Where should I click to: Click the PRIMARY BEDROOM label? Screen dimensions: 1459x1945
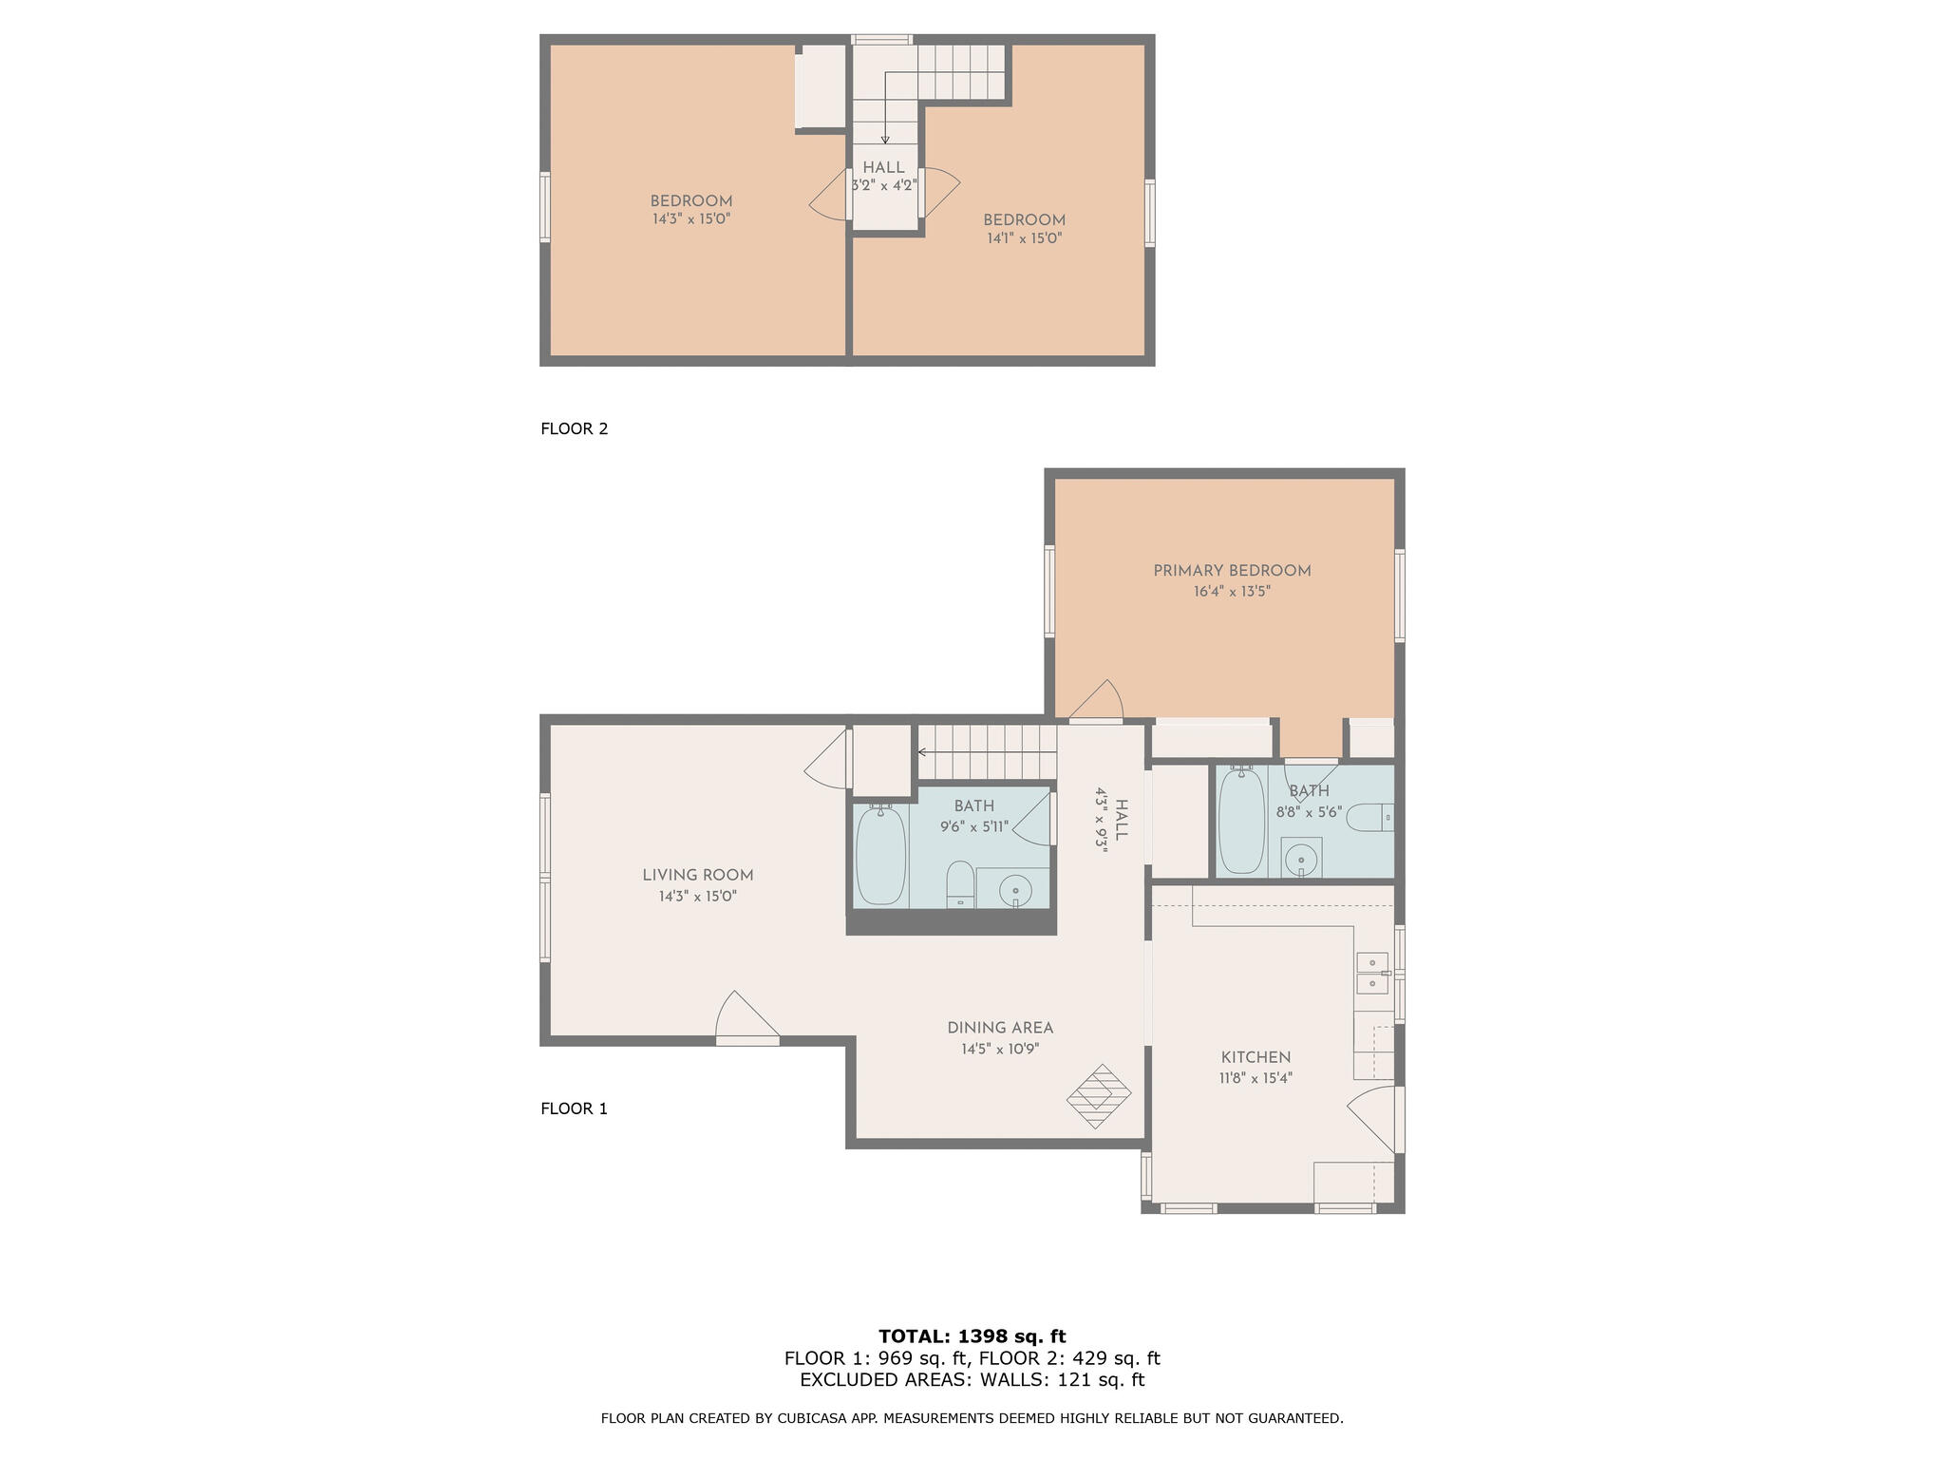[1232, 571]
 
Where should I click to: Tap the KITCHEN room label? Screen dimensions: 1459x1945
[1256, 1057]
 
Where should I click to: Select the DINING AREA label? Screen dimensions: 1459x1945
[1000, 1028]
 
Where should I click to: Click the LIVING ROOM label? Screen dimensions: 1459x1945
[698, 875]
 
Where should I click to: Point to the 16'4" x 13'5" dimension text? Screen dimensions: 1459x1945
[1232, 592]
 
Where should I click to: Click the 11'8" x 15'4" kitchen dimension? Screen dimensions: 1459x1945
[1256, 1078]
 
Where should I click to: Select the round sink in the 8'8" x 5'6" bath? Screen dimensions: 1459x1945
[1300, 861]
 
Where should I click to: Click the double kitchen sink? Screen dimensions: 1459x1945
[1371, 973]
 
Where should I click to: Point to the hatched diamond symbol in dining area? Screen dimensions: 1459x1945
[1099, 1096]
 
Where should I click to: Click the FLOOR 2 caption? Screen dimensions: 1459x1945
[574, 428]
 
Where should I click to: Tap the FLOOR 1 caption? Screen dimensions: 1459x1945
[574, 1108]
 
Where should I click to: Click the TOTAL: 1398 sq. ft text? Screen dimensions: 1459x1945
[972, 1336]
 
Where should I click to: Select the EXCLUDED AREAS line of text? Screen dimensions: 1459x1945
[972, 1380]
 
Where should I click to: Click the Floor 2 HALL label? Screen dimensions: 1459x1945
[883, 168]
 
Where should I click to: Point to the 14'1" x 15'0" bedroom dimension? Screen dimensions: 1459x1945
[1024, 238]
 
